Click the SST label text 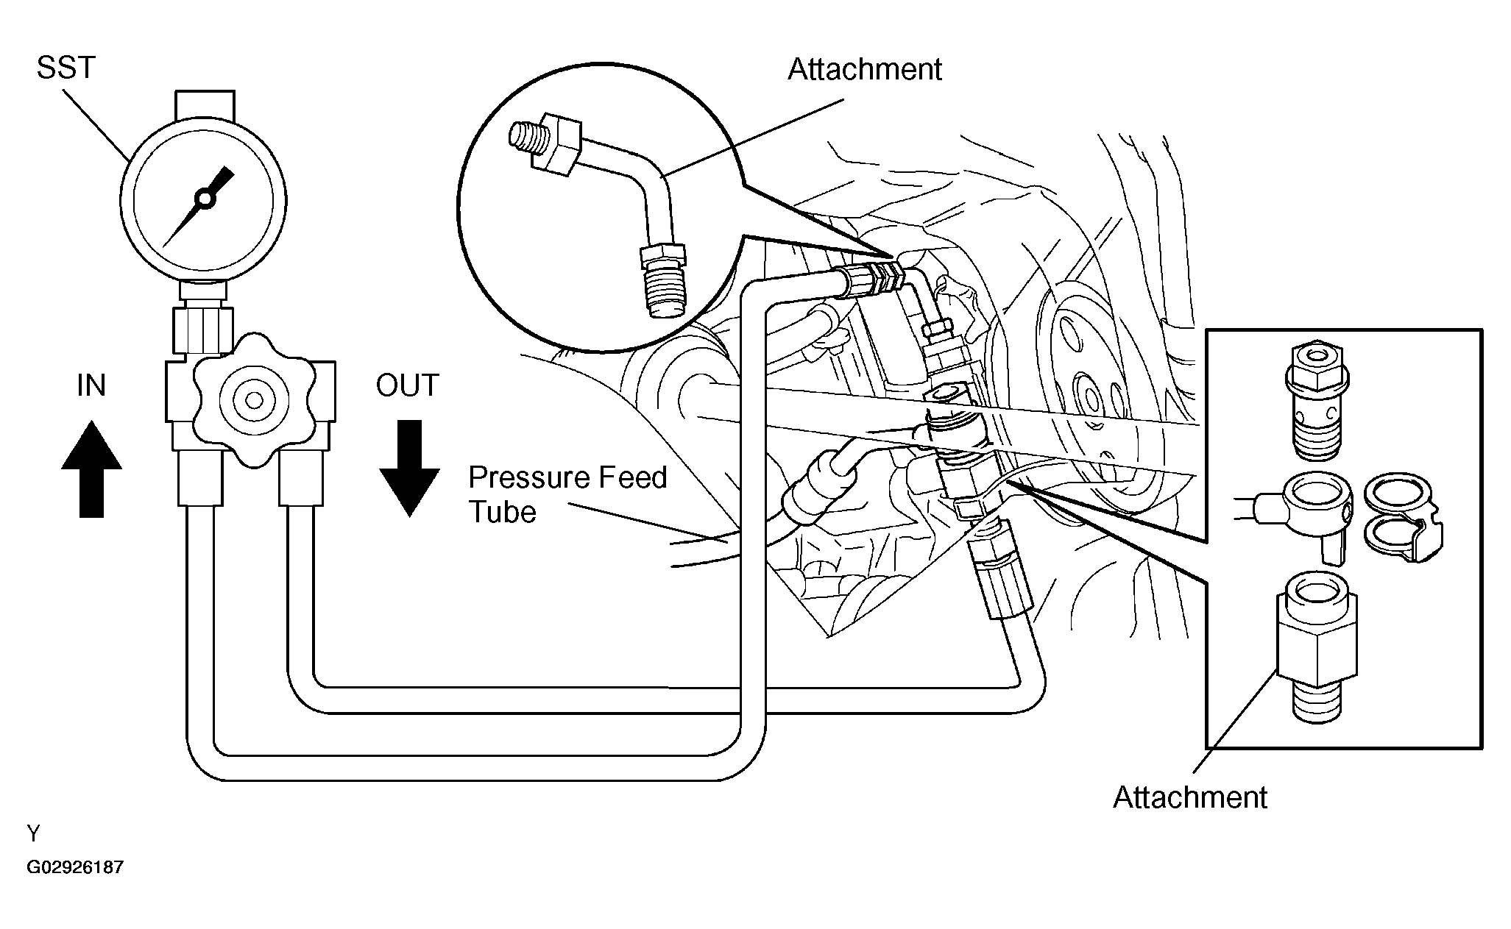[66, 68]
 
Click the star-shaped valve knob [254, 399]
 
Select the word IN [91, 385]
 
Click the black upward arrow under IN [91, 469]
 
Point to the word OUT [407, 385]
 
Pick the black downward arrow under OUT [409, 468]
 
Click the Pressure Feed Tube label [567, 494]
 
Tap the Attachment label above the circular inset [865, 69]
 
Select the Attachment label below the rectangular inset [1190, 797]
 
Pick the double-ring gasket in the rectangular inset [1403, 523]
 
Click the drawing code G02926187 [75, 867]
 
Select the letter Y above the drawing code [33, 833]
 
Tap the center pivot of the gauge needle [203, 198]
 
